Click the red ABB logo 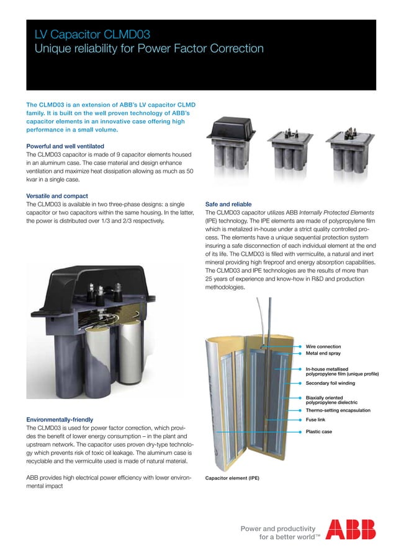pos(351,529)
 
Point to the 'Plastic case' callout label pos(319,431)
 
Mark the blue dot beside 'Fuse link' pos(300,420)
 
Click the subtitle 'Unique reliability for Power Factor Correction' pos(149,49)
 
